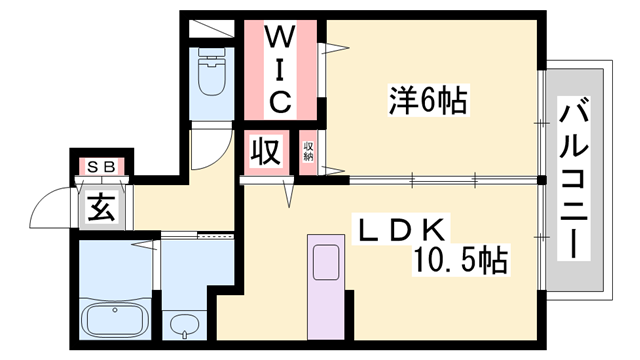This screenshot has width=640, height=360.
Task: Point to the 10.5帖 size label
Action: (x=459, y=262)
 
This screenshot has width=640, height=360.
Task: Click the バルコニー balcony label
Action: (x=573, y=179)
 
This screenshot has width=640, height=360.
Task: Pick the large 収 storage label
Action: (x=265, y=153)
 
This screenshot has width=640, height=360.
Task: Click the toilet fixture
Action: (x=212, y=72)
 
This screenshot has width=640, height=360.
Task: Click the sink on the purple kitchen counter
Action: (x=326, y=263)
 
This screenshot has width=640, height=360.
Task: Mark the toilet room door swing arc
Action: (x=205, y=150)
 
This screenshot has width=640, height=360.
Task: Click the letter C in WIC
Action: (x=280, y=100)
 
